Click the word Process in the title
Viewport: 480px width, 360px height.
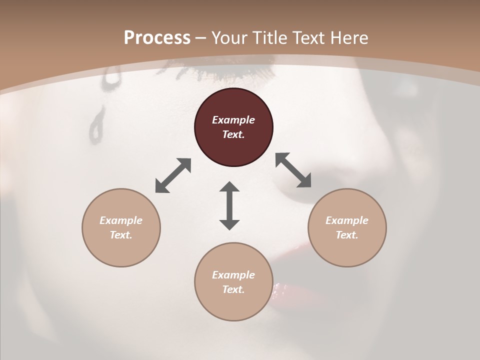click(x=157, y=38)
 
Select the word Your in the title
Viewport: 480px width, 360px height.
click(x=228, y=38)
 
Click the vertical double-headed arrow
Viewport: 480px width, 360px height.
click(x=229, y=205)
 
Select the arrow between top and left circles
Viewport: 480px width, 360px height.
click(x=173, y=175)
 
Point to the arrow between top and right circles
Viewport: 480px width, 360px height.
click(x=293, y=170)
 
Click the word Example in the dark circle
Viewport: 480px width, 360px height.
click(x=233, y=120)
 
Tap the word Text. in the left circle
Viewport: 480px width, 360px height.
click(x=121, y=235)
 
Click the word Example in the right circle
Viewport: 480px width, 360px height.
click(x=347, y=220)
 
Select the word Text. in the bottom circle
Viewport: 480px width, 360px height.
click(x=233, y=289)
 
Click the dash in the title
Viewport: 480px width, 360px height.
click(x=200, y=38)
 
